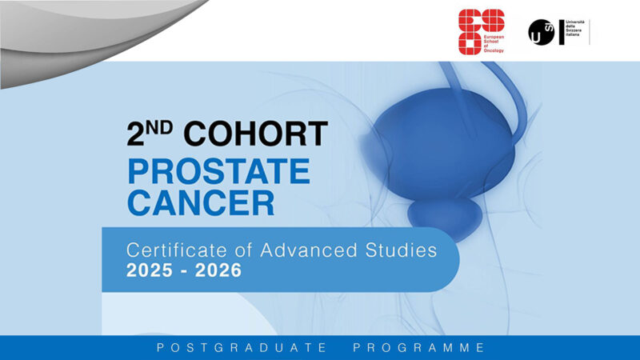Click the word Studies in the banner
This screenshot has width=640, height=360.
click(x=401, y=250)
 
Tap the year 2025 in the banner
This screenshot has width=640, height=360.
click(x=150, y=271)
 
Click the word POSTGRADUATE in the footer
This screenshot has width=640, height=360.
click(x=242, y=348)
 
